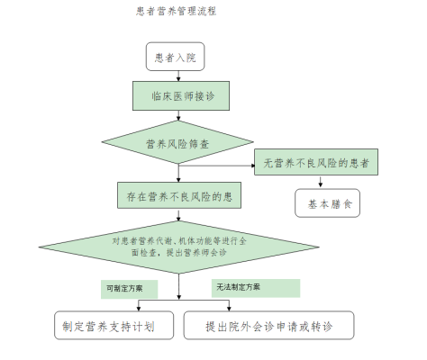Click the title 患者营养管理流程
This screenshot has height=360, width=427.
click(175, 13)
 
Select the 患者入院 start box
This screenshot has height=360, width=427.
click(176, 58)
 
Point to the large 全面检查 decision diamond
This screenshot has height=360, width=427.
click(181, 248)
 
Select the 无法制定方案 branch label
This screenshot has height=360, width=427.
click(255, 288)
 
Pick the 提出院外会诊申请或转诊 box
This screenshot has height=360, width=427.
click(269, 326)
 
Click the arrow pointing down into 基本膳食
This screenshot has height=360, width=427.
click(319, 184)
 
